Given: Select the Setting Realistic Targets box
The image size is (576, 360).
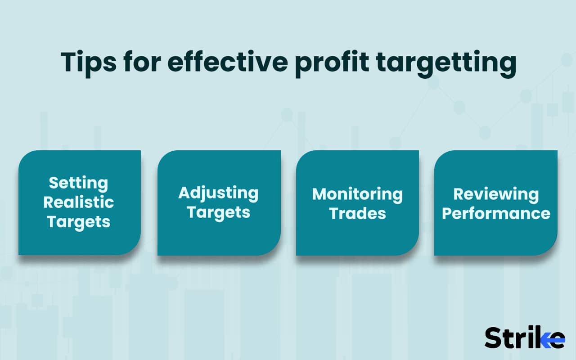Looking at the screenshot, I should [79, 203].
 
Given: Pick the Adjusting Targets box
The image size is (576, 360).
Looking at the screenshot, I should [219, 203].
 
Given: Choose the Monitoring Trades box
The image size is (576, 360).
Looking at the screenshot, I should [357, 203].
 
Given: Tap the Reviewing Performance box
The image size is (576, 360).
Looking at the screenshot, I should [496, 203].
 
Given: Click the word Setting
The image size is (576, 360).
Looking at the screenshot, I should [79, 184].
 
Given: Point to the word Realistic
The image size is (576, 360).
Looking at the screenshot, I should [79, 202].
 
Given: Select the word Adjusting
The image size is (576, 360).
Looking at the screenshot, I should [219, 193].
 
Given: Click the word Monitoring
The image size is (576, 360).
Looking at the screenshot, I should [357, 194].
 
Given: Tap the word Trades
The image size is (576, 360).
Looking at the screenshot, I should [357, 213].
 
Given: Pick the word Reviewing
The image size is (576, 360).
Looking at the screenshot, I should [496, 194].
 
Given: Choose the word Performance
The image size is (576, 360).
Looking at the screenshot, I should [496, 213].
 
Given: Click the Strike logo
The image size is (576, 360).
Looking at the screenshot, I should [524, 337].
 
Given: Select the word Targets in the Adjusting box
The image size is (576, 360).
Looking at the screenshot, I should [219, 212].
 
